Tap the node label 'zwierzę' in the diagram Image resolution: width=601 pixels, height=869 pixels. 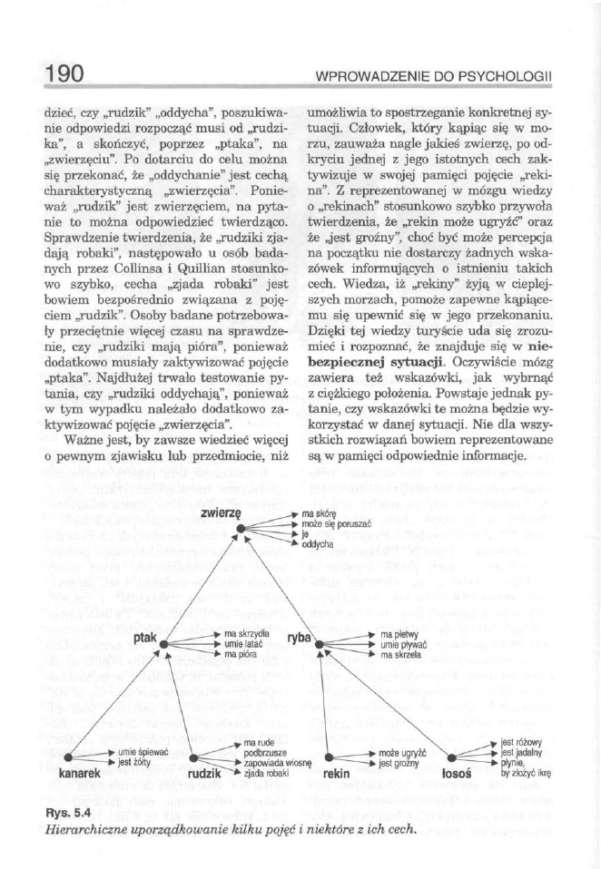coord(217,513)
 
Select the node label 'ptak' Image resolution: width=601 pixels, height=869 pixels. coord(145,639)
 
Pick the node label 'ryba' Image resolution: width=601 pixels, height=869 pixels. coord(299,639)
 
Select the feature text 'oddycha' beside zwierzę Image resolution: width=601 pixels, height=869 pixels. coord(319,545)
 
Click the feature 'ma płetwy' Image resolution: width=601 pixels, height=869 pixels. coord(400,633)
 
